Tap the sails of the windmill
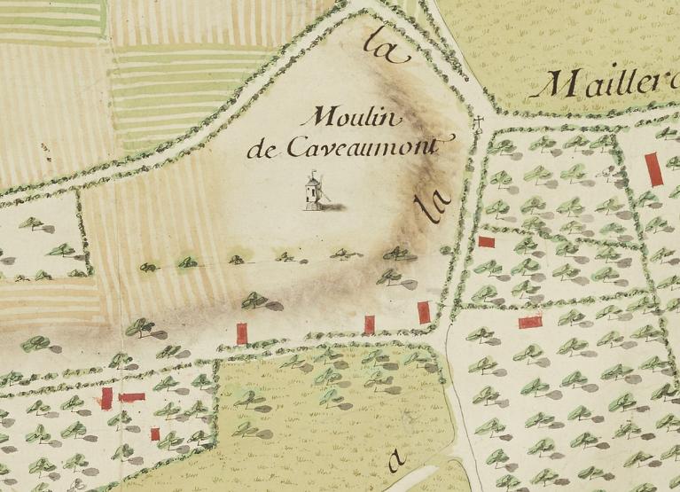coord(320,187)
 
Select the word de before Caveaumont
coord(263,148)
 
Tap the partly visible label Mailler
coord(608,84)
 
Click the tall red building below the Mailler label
coord(653,168)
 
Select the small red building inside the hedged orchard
coord(486,241)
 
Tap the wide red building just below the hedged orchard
coord(530,322)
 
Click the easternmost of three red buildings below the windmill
coord(424,312)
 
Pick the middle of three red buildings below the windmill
coord(369,324)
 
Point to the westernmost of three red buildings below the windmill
coord(241,333)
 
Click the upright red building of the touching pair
coord(106,398)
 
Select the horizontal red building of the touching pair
coord(131,397)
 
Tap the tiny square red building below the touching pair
coord(155,433)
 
